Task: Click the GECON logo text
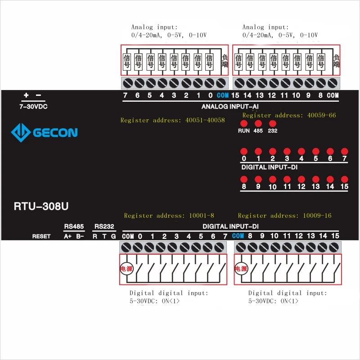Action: pos(55,132)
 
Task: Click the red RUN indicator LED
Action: pos(244,123)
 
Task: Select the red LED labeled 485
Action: pos(258,123)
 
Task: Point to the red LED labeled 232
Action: pos(272,123)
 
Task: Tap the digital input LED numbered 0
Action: pos(244,151)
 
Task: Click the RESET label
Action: pos(41,236)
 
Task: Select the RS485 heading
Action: pos(74,226)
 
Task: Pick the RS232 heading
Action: pos(104,226)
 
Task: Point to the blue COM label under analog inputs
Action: pos(222,95)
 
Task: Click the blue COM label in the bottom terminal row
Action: pos(238,236)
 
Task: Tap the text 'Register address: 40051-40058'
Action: pos(172,120)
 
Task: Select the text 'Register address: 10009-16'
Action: pos(284,216)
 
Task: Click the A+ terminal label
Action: pos(68,236)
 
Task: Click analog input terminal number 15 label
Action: pos(235,95)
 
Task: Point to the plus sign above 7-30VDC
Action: pos(26,95)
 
